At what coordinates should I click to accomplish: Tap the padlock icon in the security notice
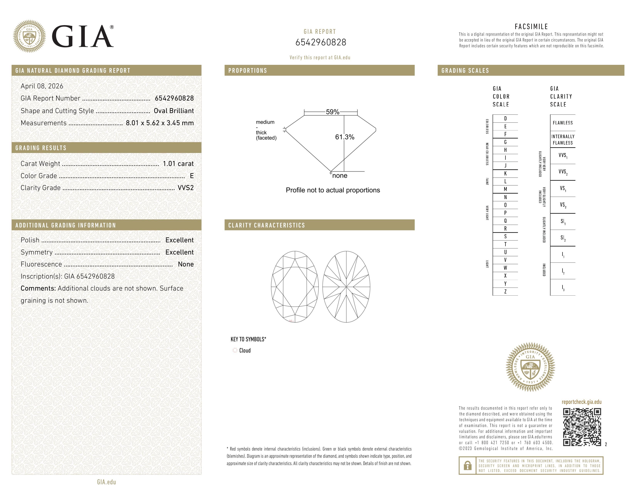point(467,466)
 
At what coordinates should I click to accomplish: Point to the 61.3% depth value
point(345,137)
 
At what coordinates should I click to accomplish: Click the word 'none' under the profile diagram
point(340,176)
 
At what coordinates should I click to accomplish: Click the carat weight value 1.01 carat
point(178,164)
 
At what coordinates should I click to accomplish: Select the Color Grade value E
point(192,176)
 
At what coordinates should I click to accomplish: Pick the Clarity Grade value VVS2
point(185,188)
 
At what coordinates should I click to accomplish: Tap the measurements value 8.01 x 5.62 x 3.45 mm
point(160,123)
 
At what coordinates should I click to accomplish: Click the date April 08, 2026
point(42,86)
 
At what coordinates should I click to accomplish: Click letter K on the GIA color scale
point(505,173)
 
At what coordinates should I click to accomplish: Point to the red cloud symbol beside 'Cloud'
point(235,350)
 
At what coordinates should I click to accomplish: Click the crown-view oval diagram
point(295,287)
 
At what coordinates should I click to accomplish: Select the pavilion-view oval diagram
point(346,287)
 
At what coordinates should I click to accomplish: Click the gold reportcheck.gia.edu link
point(581,402)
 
